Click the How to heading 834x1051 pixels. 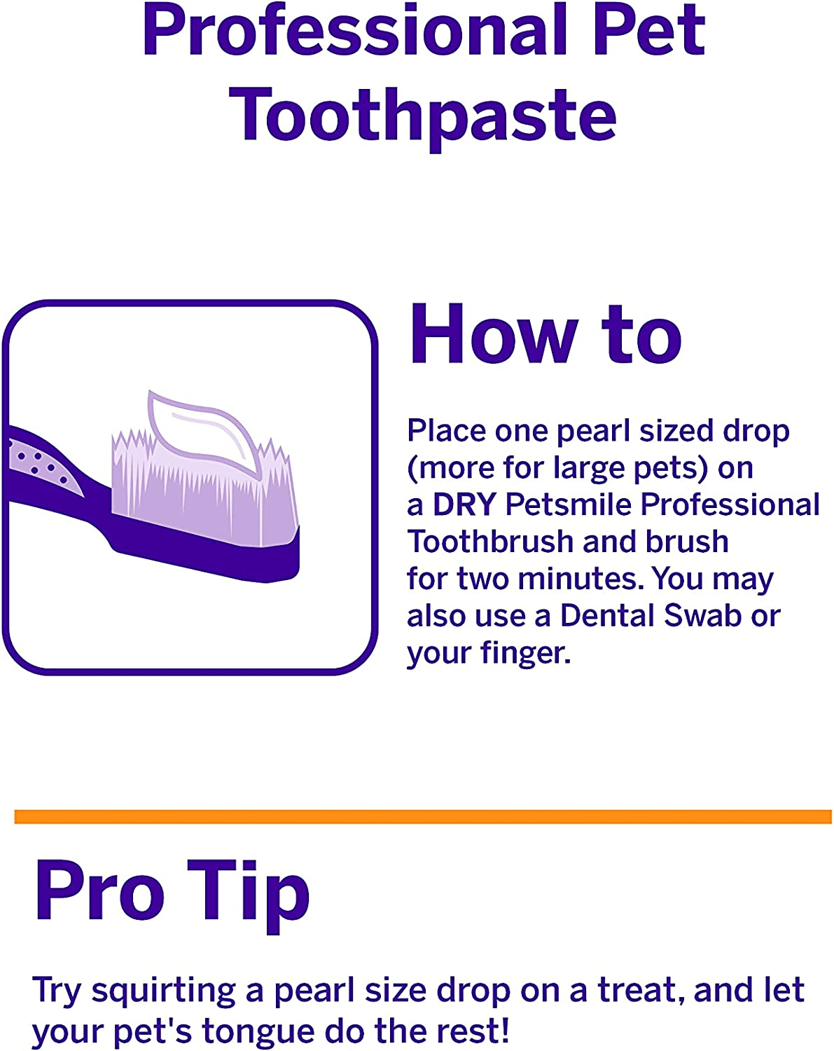[x=545, y=334]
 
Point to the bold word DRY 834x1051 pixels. [x=464, y=504]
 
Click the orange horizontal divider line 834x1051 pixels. [x=423, y=816]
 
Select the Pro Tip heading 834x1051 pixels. [x=172, y=891]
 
